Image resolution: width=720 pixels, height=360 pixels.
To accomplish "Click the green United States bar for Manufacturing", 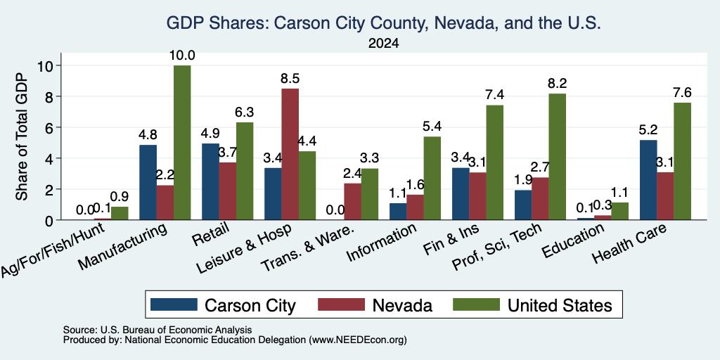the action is (x=182, y=142).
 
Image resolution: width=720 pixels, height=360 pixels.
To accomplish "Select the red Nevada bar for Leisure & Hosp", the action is (x=290, y=154).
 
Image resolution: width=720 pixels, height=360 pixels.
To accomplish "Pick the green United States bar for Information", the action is (x=432, y=178).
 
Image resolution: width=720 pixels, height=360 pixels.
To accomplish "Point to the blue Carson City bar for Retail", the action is (x=210, y=181).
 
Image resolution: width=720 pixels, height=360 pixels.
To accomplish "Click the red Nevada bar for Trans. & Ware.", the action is (x=353, y=201).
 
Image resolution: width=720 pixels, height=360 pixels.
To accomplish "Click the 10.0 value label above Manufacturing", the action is (x=182, y=56).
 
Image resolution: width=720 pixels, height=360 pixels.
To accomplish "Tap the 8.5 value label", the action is (x=290, y=79).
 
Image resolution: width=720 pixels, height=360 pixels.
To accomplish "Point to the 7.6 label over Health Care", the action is (x=682, y=92).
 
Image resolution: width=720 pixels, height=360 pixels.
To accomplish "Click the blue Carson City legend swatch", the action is (x=174, y=304).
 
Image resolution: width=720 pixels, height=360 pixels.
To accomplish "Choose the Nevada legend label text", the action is (x=402, y=305).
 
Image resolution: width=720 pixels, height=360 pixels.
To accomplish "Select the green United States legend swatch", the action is (x=476, y=304).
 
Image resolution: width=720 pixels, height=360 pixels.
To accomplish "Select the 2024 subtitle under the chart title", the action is (x=383, y=44).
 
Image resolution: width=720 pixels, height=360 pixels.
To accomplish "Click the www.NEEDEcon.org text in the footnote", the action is (x=359, y=340).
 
